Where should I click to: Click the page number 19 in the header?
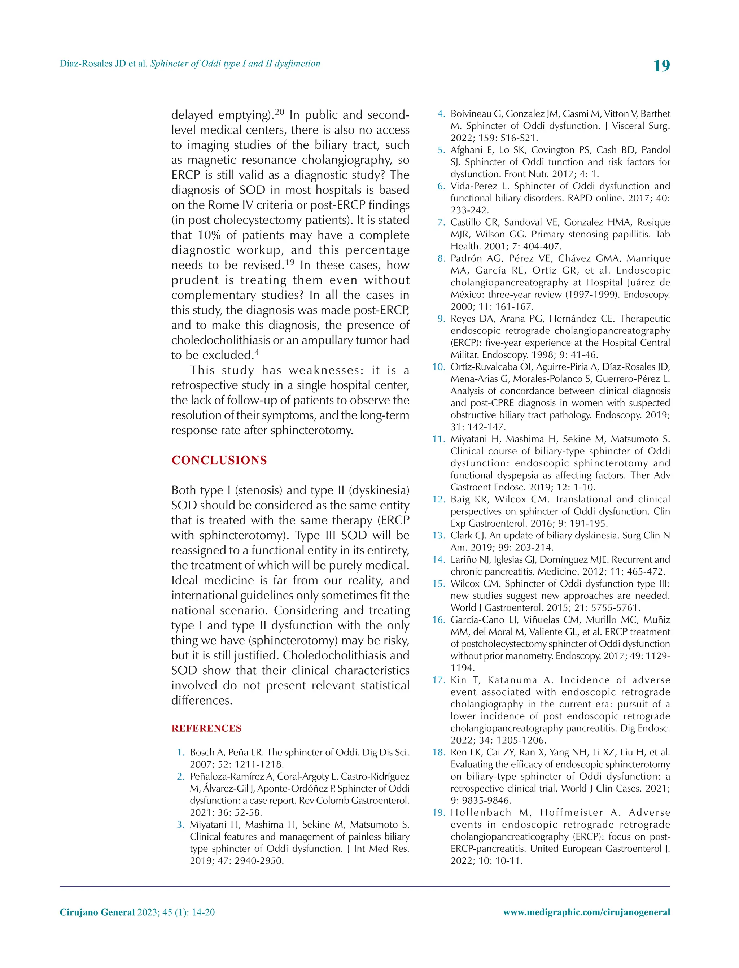(661, 66)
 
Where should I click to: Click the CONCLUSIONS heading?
(219, 460)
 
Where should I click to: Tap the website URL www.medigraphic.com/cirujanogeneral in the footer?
(586, 912)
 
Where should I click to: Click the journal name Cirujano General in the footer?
(97, 912)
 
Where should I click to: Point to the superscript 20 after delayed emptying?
(280, 112)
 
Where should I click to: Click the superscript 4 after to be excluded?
(257, 352)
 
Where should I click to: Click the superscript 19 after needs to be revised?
(289, 263)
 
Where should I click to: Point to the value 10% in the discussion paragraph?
(209, 235)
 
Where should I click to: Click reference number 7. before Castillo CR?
(441, 222)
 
